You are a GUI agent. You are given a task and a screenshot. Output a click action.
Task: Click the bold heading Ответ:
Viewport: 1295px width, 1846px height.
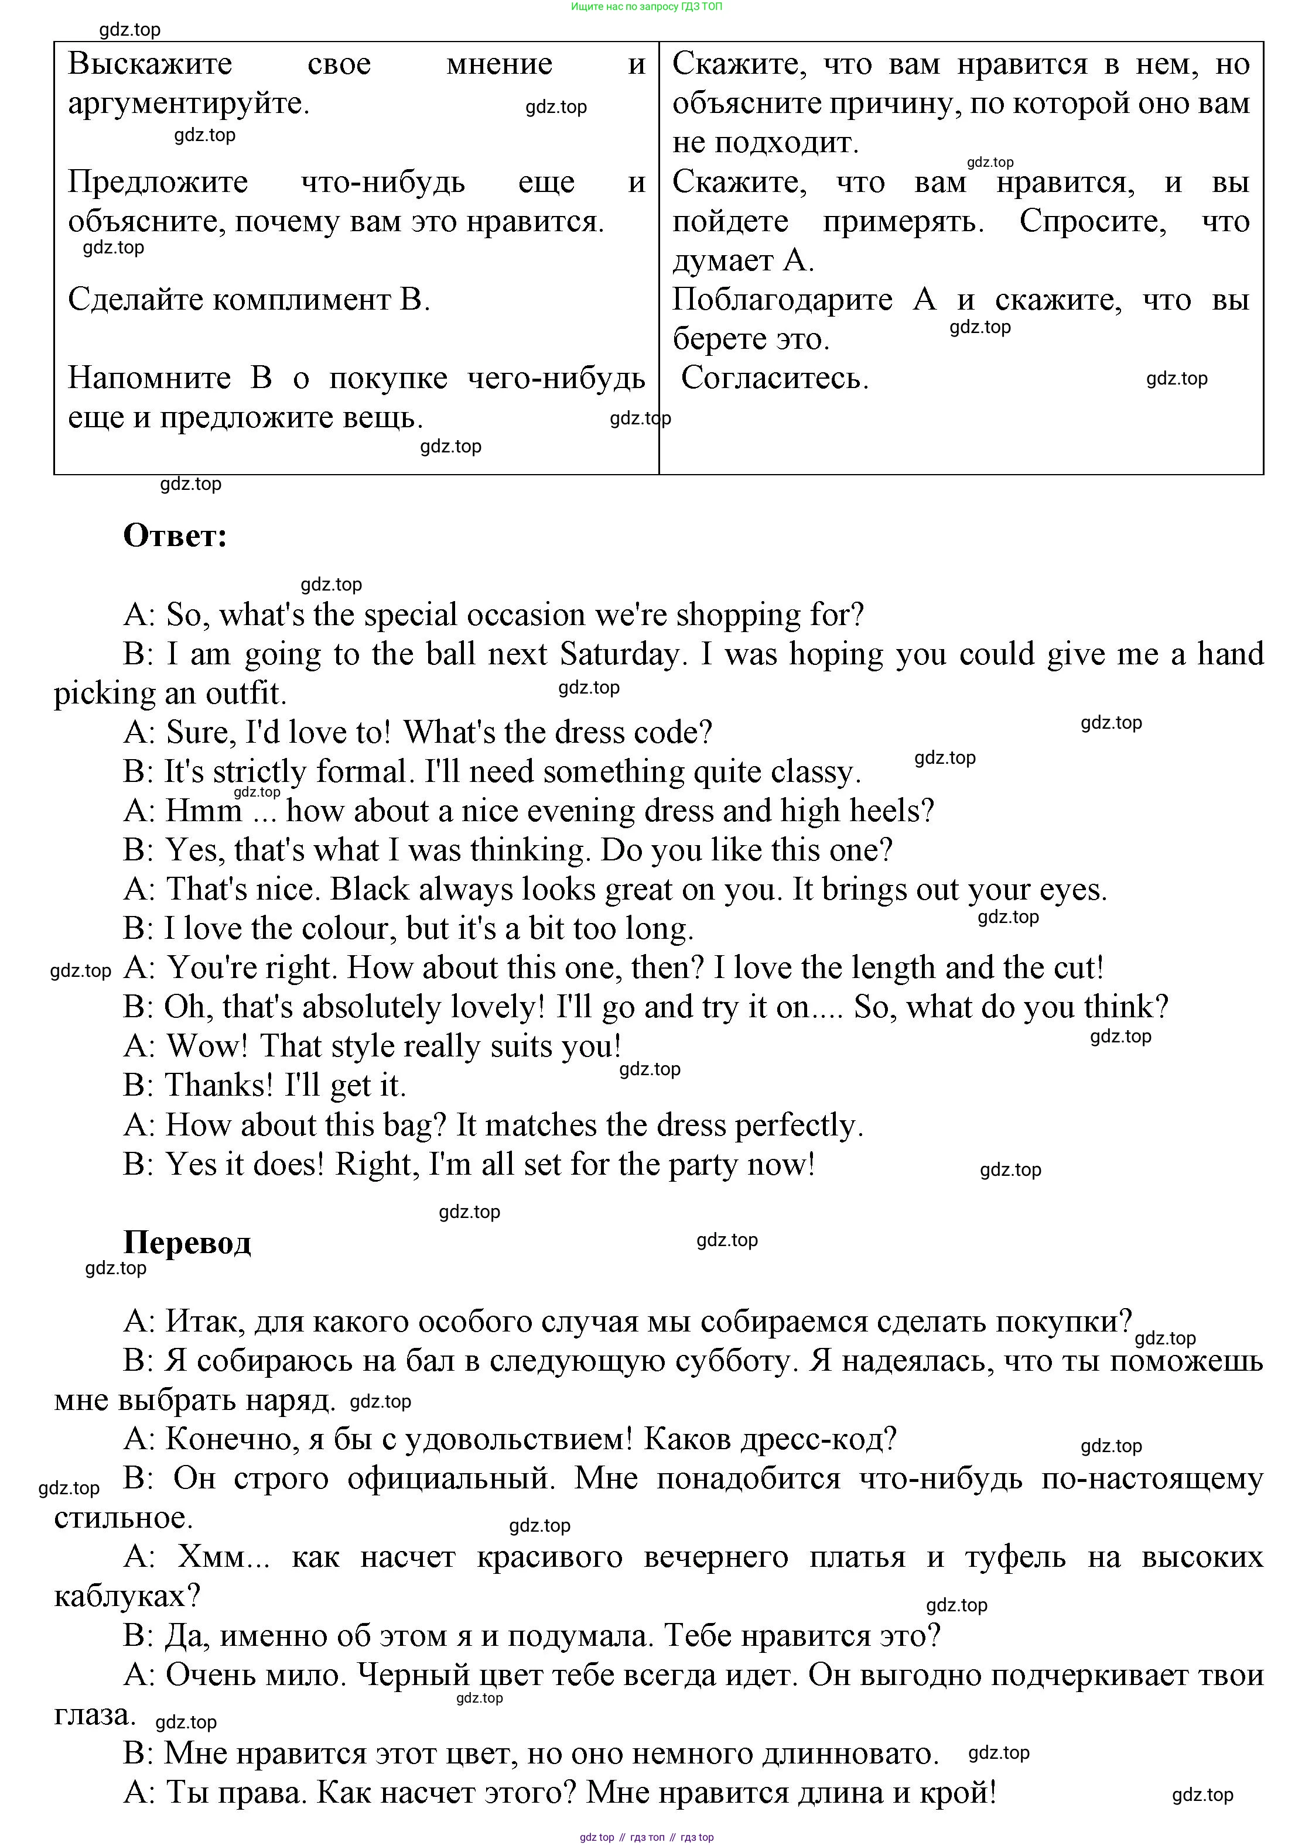(175, 536)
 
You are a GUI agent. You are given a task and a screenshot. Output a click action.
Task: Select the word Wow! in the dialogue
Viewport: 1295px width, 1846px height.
(207, 1046)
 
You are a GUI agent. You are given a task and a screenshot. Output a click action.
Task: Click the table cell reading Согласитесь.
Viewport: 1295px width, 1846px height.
(774, 379)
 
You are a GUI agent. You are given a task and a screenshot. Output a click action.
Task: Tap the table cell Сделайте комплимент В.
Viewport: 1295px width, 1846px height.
(248, 300)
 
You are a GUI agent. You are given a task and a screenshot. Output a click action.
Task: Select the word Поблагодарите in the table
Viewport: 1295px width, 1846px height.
(782, 300)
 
